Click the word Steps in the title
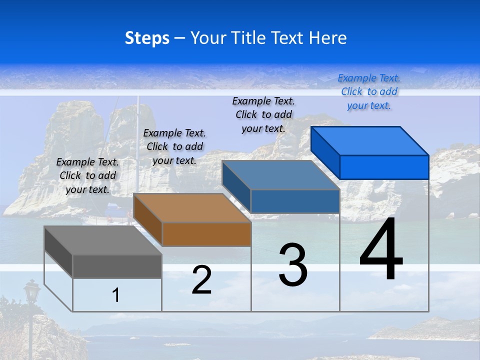[147, 38]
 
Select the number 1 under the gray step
[116, 295]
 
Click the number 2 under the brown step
[201, 280]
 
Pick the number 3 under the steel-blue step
[293, 265]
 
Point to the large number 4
[381, 250]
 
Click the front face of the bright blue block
[384, 167]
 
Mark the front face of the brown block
[206, 234]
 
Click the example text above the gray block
[87, 176]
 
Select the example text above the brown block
[174, 147]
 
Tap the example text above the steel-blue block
[263, 114]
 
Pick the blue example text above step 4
[369, 92]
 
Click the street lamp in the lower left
[32, 291]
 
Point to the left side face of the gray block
[58, 251]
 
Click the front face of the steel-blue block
[295, 201]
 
